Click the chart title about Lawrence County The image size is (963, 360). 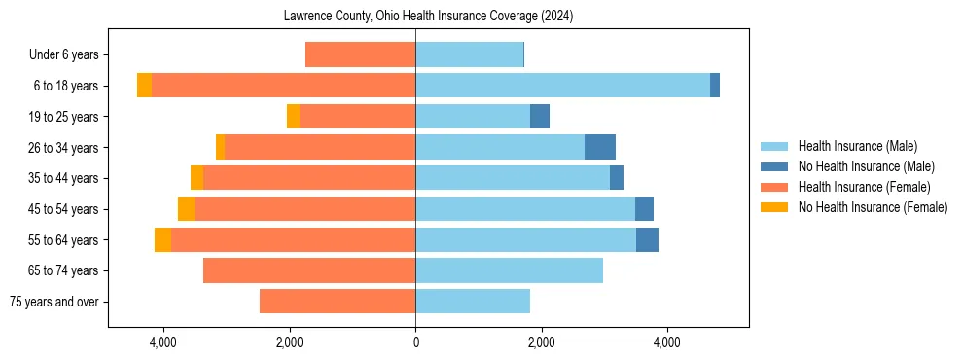point(429,17)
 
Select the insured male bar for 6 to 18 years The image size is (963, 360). point(562,86)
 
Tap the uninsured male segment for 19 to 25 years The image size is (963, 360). point(540,117)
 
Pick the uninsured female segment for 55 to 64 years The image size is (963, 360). point(162,239)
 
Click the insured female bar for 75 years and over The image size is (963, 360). point(338,302)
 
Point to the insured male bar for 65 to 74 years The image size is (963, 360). point(509,270)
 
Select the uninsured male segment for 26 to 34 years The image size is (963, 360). point(600,147)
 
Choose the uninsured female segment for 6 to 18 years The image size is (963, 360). point(144,86)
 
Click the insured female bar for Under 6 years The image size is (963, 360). point(360,54)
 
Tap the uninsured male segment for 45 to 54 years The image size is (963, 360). point(644,208)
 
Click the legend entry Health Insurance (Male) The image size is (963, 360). point(857,146)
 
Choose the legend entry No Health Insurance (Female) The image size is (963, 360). point(872,207)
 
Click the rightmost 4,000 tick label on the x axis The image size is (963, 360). point(667,342)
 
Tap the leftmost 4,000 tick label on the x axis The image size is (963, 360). point(163,342)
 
